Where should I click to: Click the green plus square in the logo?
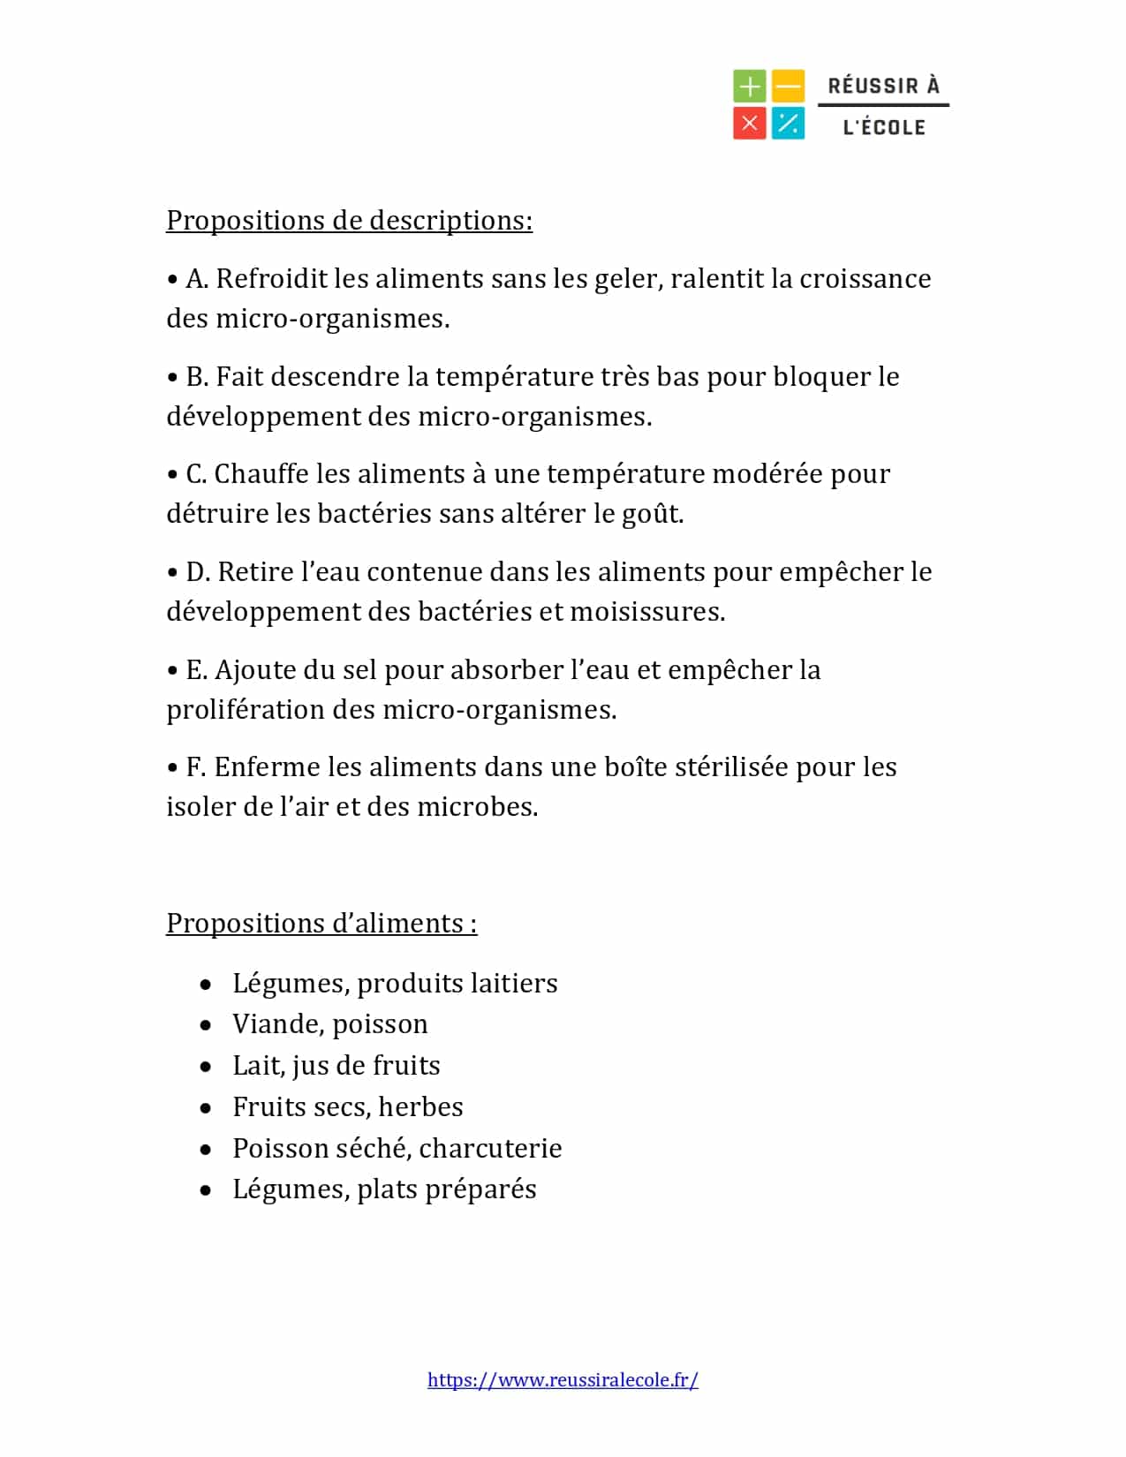coord(749,87)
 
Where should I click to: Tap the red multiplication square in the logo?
coord(749,123)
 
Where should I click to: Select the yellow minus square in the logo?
coord(788,87)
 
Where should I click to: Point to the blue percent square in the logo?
coord(788,123)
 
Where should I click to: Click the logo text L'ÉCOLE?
coord(884,127)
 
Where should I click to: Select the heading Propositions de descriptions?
coord(349,220)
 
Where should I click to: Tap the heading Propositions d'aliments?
coord(321,923)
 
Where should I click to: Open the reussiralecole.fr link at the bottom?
coord(563,1379)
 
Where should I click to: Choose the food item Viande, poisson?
coord(329,1023)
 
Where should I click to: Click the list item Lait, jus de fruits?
coord(336,1065)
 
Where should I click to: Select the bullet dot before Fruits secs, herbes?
coord(206,1107)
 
